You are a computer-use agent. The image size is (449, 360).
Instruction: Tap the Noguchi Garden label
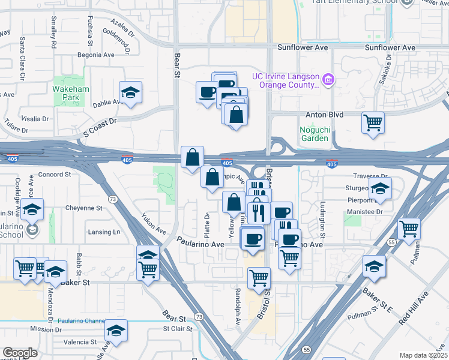pos(315,133)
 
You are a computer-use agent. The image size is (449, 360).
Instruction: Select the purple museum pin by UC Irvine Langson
pos(328,79)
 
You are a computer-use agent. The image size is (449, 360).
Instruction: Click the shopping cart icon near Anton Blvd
pos(373,123)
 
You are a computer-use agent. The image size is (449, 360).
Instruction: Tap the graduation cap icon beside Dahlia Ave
pos(130,92)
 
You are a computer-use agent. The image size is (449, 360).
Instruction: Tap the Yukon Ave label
pos(153,223)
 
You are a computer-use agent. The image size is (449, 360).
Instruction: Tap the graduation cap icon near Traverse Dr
pos(379,188)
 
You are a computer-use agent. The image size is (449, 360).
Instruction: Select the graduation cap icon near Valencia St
pos(116,331)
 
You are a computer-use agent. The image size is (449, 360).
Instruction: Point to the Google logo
pos(20,353)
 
